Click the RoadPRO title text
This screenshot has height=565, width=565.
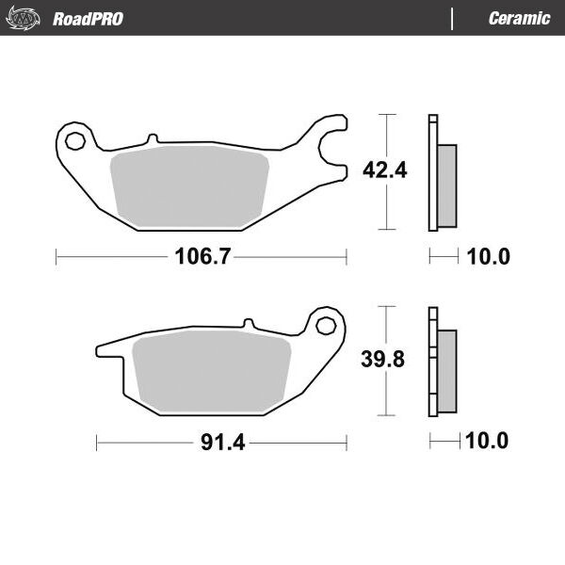[88, 19]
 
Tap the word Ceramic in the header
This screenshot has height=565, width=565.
[519, 19]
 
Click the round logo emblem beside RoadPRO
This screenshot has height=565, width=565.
[23, 18]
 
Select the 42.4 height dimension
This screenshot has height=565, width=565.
[384, 170]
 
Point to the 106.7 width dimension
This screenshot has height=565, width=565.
[202, 256]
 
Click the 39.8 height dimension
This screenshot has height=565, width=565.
[382, 359]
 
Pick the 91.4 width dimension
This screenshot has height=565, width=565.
[222, 443]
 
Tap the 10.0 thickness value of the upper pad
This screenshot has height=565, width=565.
[488, 256]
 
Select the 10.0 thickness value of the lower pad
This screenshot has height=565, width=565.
[487, 441]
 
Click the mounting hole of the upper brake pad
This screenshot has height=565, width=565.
[75, 141]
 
